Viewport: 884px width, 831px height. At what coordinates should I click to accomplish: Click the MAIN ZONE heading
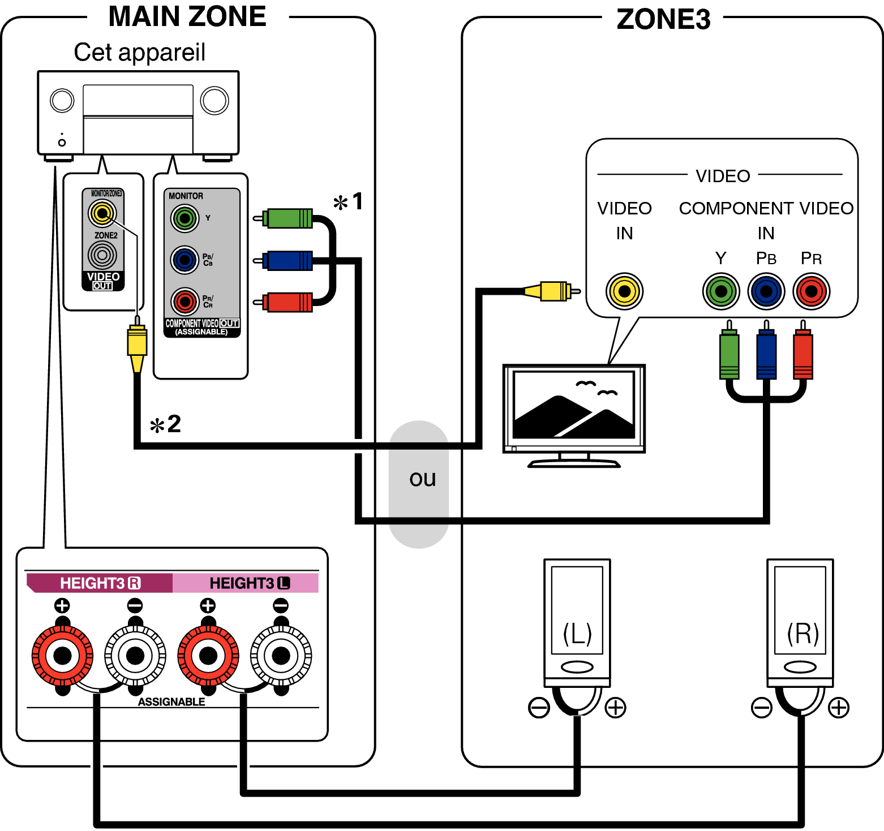click(x=187, y=16)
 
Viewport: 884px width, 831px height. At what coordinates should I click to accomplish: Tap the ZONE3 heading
click(x=663, y=19)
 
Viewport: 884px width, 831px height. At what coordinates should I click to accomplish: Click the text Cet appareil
click(x=139, y=52)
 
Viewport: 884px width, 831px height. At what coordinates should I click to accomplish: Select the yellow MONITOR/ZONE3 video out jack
click(x=102, y=213)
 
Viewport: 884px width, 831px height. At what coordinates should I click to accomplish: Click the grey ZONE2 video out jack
click(x=102, y=255)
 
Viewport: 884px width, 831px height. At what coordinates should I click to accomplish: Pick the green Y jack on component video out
click(x=184, y=218)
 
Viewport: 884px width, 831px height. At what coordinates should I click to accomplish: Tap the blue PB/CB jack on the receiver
click(x=184, y=260)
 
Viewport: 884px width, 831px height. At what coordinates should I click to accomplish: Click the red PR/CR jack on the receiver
click(x=184, y=302)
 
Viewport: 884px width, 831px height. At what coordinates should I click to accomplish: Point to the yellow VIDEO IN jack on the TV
click(x=624, y=291)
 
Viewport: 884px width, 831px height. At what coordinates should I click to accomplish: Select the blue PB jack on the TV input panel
click(x=766, y=291)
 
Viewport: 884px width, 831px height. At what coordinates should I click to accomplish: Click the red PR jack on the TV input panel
click(x=811, y=291)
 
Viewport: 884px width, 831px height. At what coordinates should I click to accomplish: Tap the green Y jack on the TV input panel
click(x=721, y=291)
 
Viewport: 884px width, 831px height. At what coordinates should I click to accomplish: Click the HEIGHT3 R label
click(x=100, y=583)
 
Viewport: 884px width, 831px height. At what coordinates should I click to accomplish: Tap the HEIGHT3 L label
click(x=249, y=583)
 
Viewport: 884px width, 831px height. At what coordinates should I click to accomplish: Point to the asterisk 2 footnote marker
click(x=165, y=424)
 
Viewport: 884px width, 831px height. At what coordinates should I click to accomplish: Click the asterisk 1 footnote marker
click(x=348, y=201)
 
